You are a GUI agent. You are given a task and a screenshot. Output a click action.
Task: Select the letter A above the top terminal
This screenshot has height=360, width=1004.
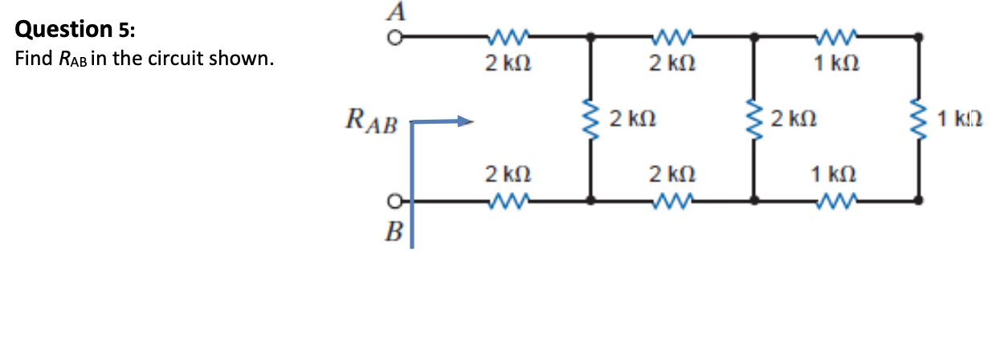click(x=396, y=12)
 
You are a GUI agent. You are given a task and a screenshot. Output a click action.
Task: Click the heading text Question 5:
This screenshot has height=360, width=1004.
click(x=76, y=31)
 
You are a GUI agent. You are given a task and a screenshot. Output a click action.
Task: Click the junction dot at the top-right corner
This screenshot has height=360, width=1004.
click(x=919, y=37)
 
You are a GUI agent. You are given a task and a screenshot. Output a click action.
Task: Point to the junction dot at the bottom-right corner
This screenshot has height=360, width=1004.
click(x=919, y=201)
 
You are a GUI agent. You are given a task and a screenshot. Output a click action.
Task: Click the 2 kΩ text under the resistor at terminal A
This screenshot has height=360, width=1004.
click(x=506, y=63)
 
